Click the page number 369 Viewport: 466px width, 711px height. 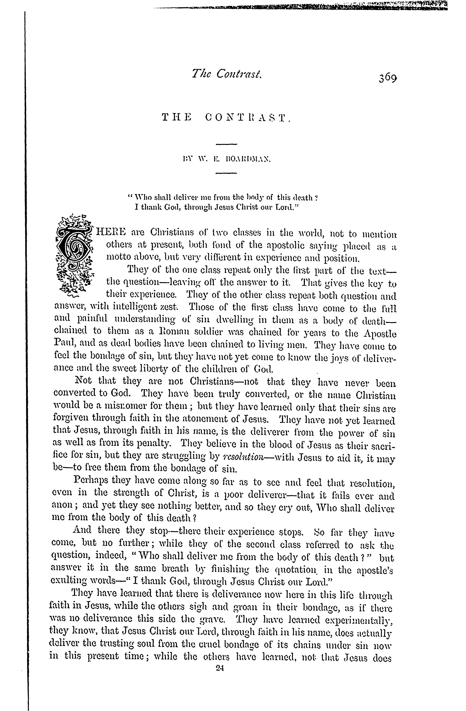[388, 79]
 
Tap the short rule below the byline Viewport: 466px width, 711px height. [226, 173]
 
